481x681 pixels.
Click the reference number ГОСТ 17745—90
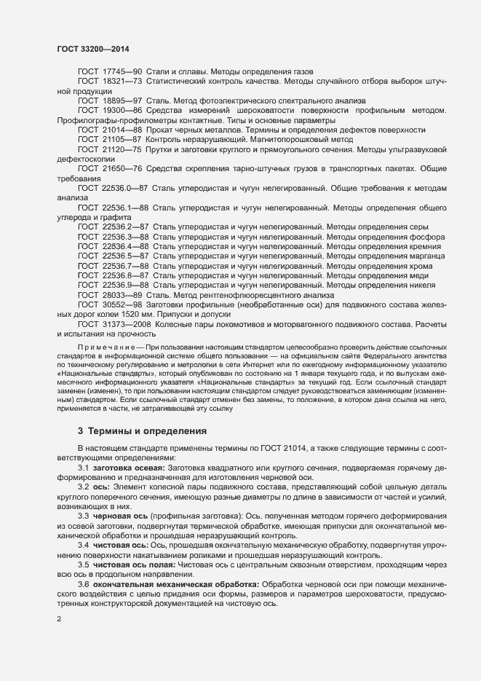[110, 72]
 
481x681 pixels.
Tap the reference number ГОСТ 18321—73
[110, 82]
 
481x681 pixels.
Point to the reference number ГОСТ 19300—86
[110, 111]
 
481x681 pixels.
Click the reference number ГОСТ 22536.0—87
[113, 188]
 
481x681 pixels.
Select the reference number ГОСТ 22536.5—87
[113, 256]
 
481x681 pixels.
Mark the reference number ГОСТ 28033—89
[110, 295]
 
